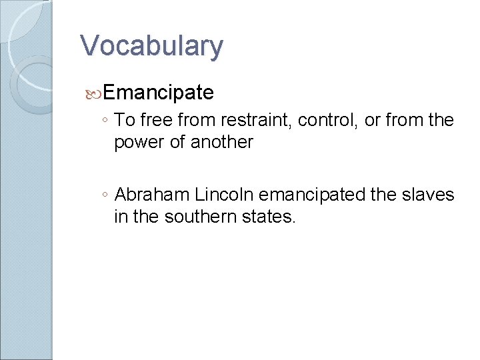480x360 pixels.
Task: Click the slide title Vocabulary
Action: [151, 46]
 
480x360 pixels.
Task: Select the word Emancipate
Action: [159, 92]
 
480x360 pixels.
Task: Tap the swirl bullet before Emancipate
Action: [95, 93]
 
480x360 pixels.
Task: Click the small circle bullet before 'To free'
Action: [105, 121]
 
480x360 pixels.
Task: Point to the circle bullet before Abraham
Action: [105, 195]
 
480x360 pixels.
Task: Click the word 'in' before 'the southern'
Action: [121, 217]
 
